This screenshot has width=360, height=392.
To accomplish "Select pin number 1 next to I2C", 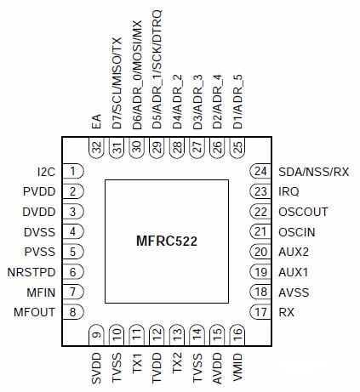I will coord(76,171).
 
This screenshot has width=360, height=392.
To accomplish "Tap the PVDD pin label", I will coord(39,191).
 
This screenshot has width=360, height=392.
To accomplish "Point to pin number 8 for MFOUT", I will coord(76,313).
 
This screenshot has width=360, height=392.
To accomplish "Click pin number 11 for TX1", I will coord(136,334).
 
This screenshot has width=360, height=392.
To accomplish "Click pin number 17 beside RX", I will coord(259,313).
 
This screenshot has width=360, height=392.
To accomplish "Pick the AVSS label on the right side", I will coord(294,293).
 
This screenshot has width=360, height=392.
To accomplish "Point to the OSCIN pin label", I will coord(297,232).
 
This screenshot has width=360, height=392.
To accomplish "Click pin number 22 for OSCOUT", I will coord(259,212).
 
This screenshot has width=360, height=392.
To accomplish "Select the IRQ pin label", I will coord(289,191).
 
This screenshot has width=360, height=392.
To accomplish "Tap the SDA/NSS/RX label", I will coord(313,171).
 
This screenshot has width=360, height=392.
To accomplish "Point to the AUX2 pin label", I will coord(293,253).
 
